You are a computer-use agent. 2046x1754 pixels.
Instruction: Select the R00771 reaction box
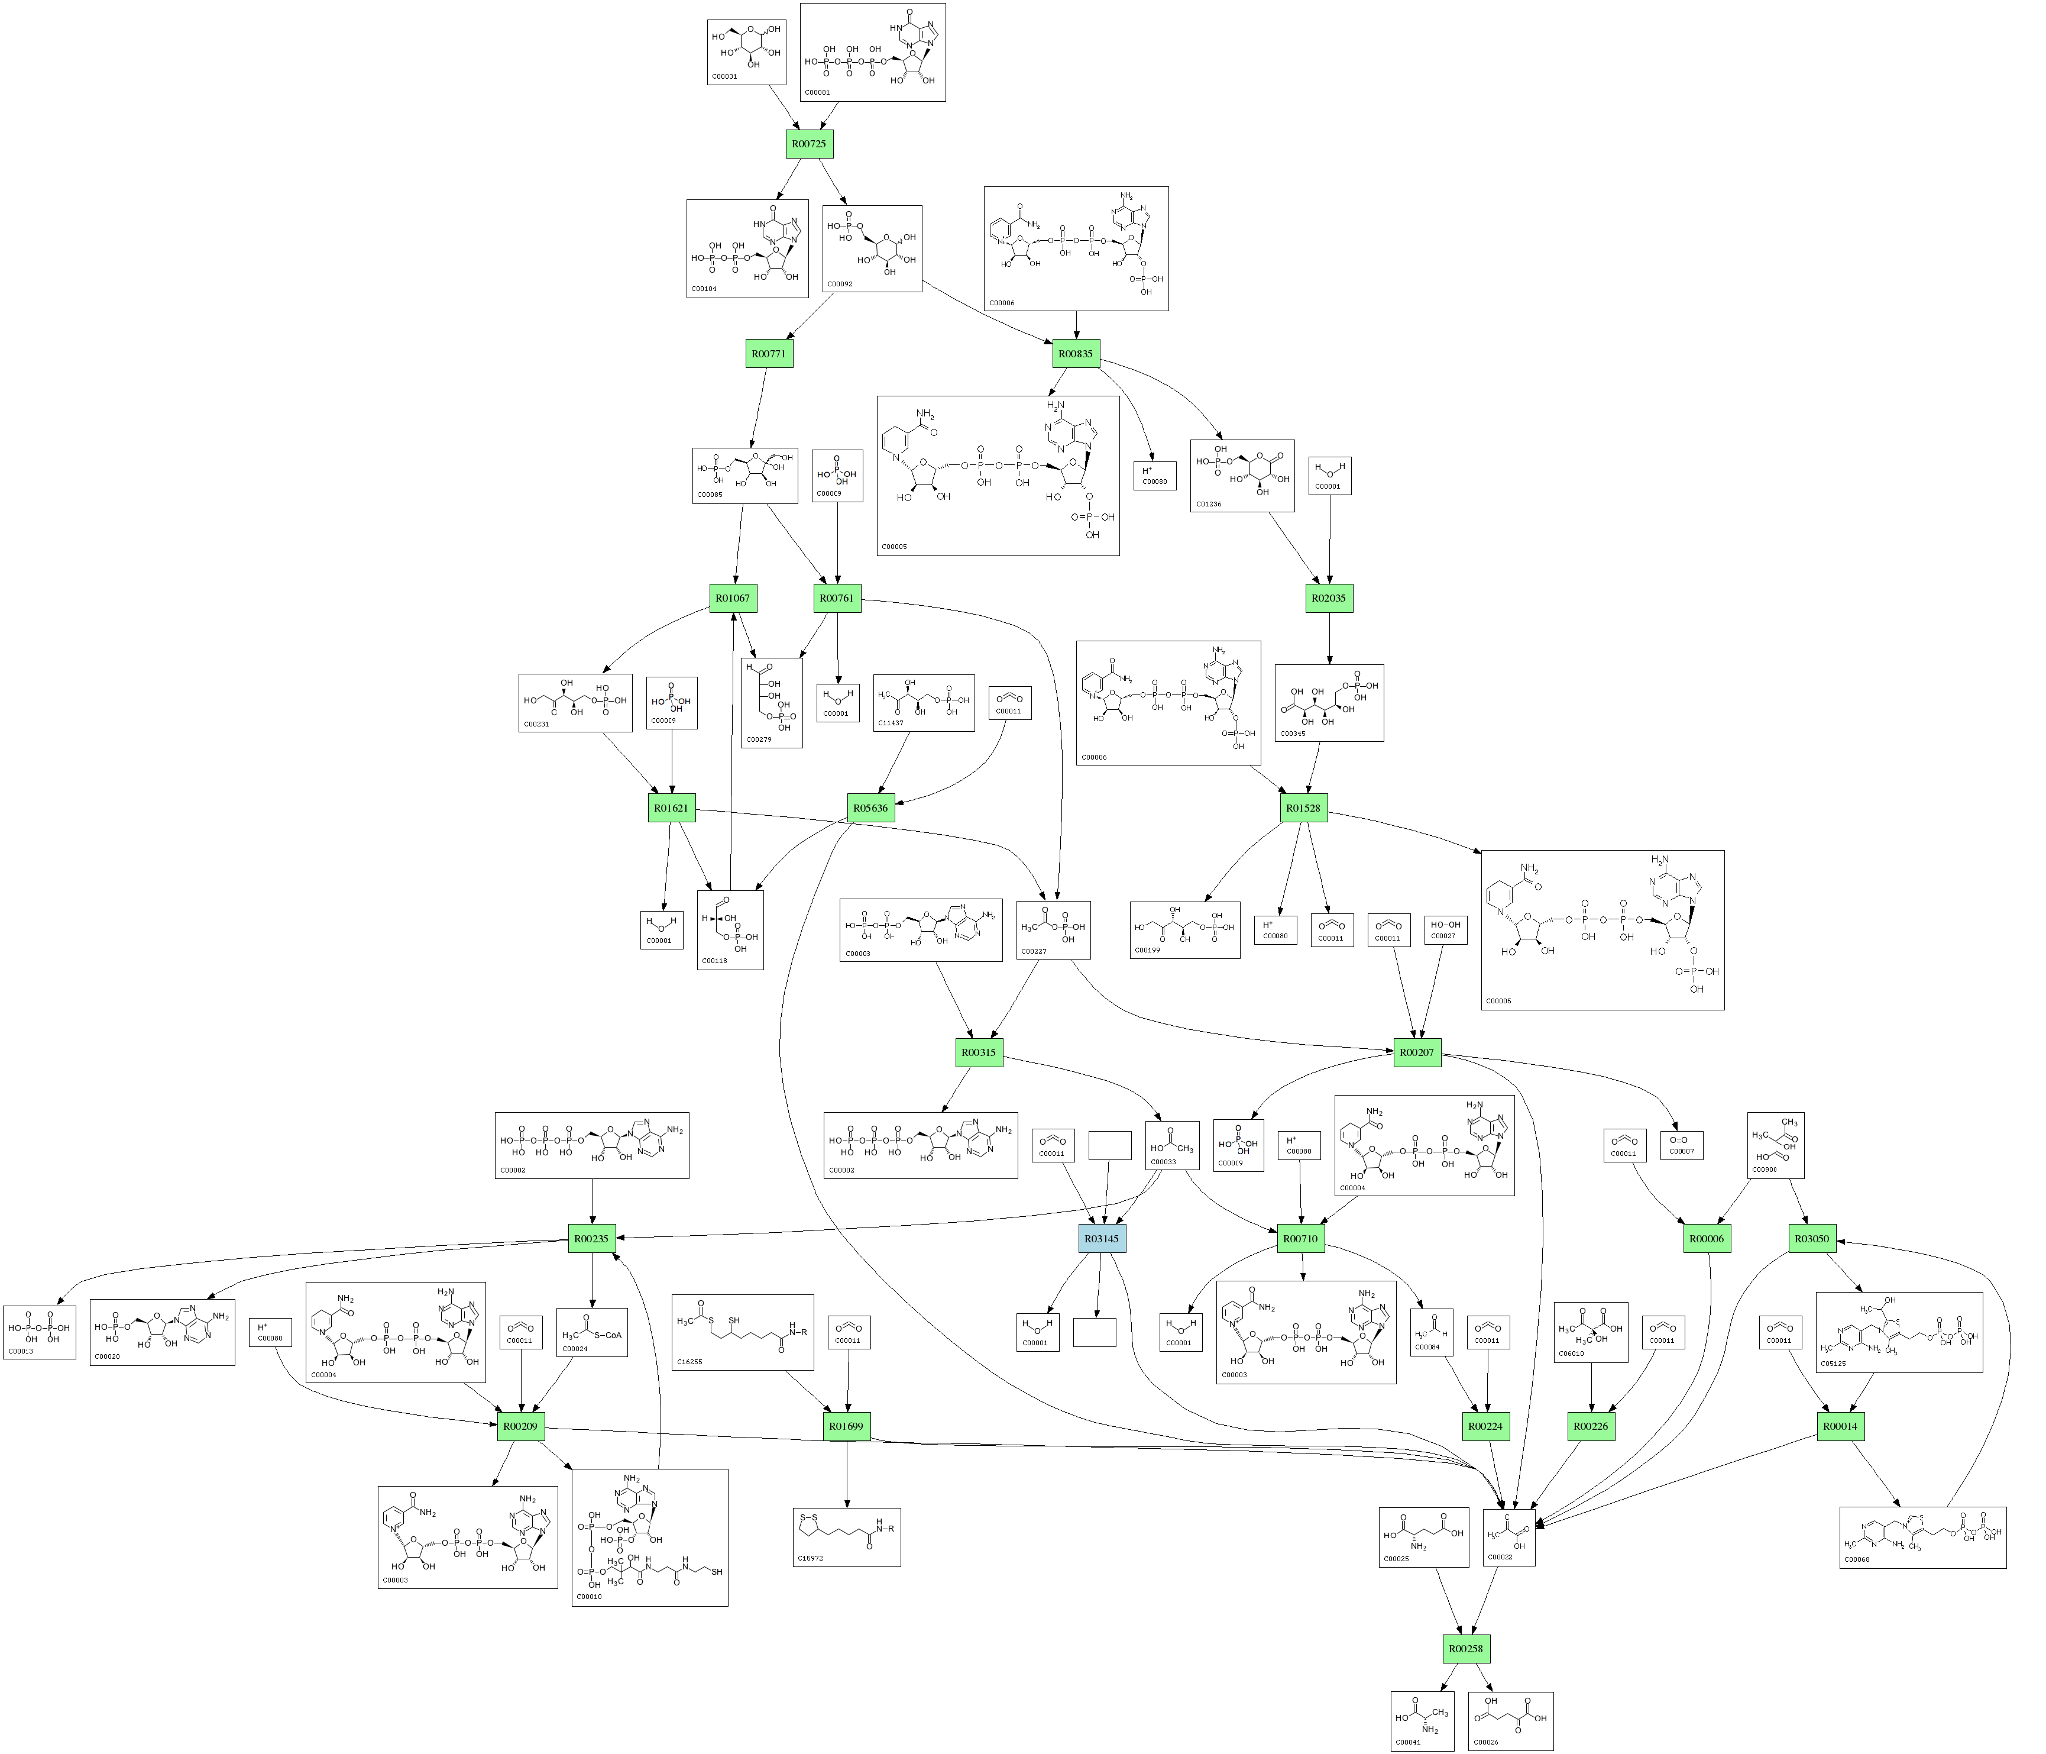[769, 354]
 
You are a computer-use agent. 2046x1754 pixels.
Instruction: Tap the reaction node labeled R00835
[1076, 354]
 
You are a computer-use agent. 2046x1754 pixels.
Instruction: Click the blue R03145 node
[1102, 1239]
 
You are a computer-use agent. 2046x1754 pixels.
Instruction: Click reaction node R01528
[1303, 808]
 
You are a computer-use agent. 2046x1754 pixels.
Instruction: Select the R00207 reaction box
[1417, 1053]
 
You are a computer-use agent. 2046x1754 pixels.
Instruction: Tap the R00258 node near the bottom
[1467, 1649]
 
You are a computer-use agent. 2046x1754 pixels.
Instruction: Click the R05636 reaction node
[871, 808]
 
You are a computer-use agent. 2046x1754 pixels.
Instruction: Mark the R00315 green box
[980, 1053]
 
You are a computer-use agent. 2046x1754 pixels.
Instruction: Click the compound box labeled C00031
[746, 51]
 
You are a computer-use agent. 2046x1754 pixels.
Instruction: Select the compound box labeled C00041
[1422, 1720]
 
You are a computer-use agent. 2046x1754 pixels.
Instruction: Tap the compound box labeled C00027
[1445, 931]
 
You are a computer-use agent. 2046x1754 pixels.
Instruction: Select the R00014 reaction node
[1841, 1426]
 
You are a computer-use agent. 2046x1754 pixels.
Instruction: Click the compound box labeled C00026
[1511, 1720]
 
